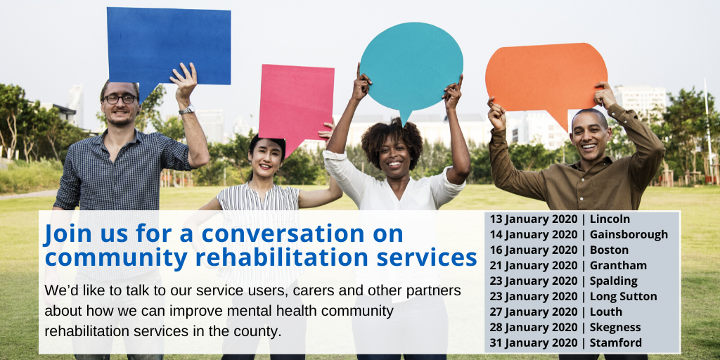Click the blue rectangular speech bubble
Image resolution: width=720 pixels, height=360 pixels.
coord(169,44)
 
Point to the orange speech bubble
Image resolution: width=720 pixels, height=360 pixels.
coord(546,76)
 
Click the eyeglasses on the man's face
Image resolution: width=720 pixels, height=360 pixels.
coord(120,99)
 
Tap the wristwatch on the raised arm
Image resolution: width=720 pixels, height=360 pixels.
coord(186,110)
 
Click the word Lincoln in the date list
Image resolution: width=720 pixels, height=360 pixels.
coord(610,219)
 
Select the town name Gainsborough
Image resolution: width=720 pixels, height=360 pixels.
coord(629,235)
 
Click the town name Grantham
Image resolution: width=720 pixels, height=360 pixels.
coord(618,266)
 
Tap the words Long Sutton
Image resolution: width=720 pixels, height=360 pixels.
coord(623,297)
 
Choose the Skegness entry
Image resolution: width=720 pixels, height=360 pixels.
coord(616,328)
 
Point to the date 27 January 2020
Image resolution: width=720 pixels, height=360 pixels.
coord(532,312)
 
